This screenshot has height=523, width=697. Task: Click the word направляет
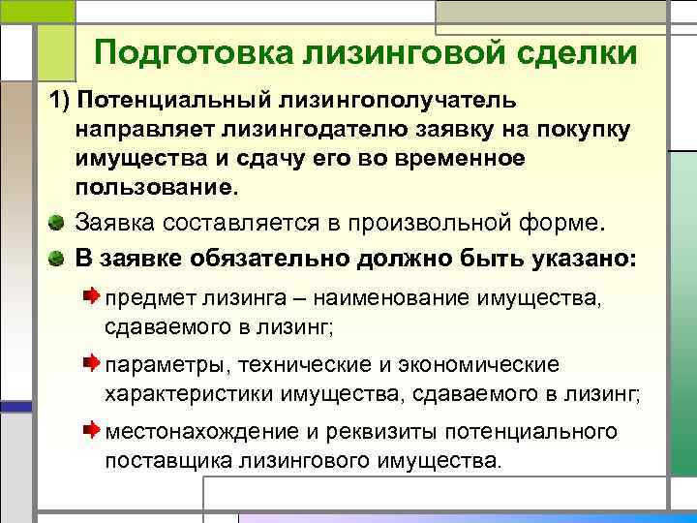[x=144, y=129]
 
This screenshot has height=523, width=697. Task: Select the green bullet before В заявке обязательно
[x=58, y=259]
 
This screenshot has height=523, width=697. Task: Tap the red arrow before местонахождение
[x=90, y=427]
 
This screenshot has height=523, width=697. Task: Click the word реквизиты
[x=351, y=431]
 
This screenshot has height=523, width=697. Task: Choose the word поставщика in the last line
[x=164, y=459]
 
